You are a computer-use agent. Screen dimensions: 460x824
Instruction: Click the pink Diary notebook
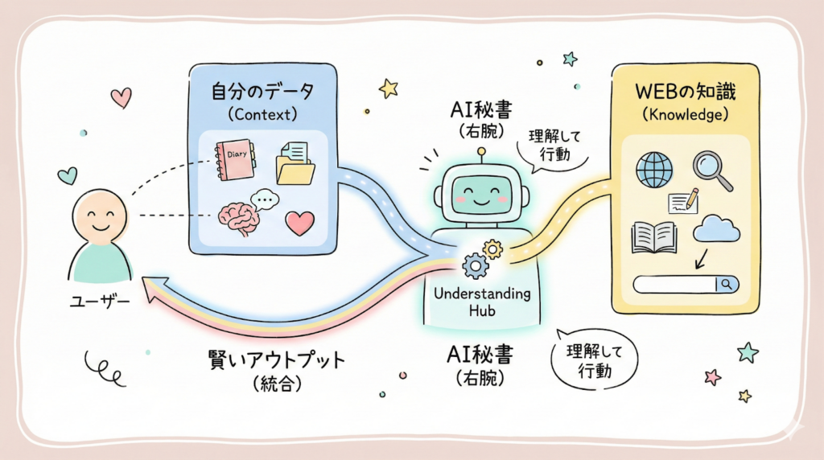[235, 162]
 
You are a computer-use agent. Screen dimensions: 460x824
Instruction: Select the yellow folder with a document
[295, 162]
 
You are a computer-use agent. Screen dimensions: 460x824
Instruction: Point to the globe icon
[654, 170]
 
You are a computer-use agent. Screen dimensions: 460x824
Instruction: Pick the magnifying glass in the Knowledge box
[711, 170]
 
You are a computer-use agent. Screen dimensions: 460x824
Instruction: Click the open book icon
[654, 236]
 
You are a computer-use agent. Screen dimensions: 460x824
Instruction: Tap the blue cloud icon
[716, 229]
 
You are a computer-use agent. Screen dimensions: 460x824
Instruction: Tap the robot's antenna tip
[481, 150]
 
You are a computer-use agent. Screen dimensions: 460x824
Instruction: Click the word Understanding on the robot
[482, 294]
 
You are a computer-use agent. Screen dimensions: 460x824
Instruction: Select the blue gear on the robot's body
[476, 264]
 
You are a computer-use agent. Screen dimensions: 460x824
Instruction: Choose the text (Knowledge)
[685, 114]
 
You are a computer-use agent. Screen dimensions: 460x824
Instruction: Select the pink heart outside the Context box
[121, 97]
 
